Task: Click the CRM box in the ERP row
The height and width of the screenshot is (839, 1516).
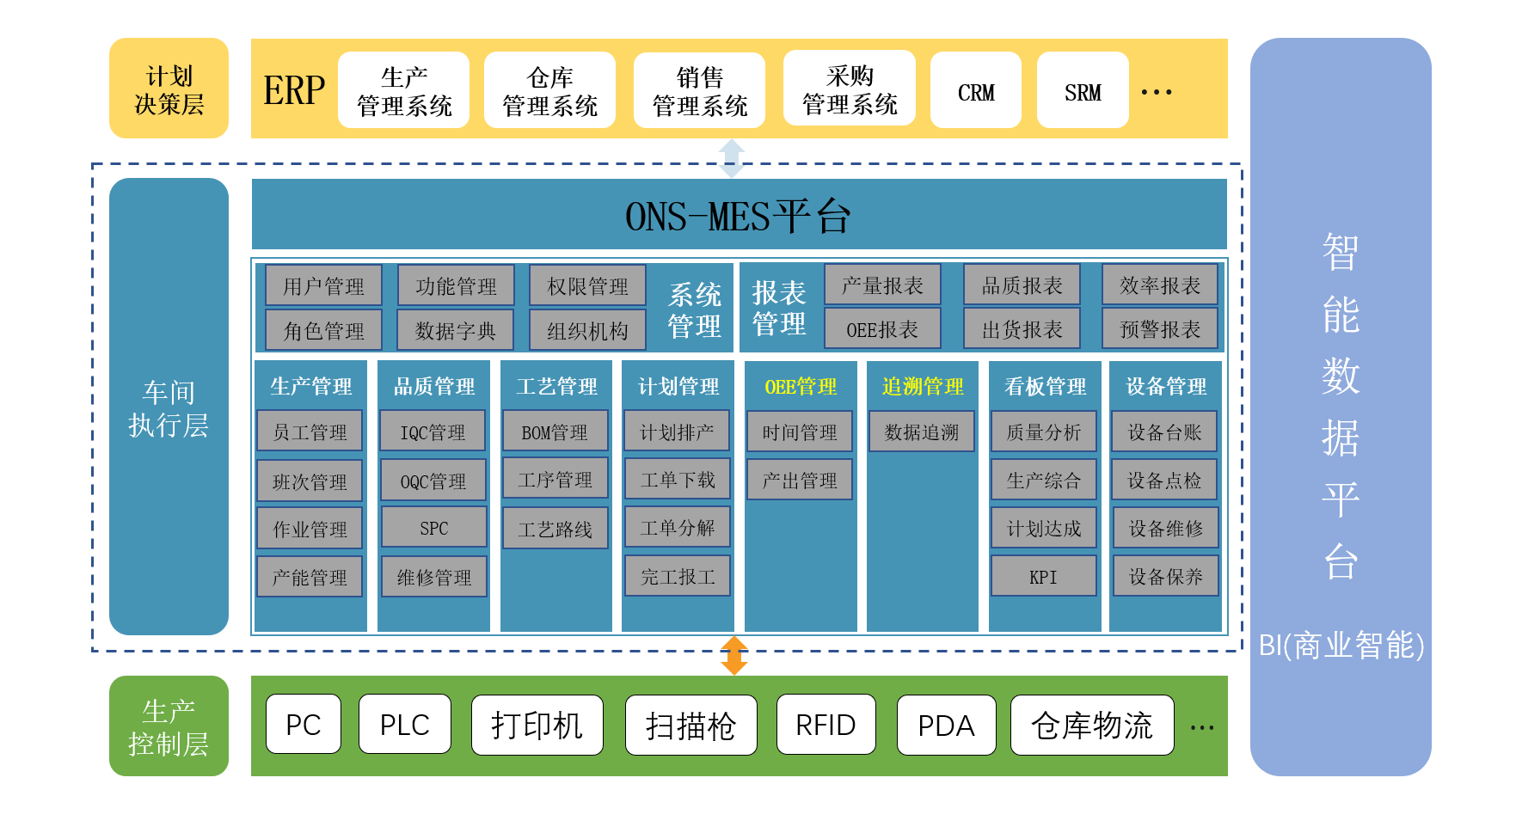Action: pos(975,90)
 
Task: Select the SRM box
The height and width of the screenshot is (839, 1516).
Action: pos(1082,90)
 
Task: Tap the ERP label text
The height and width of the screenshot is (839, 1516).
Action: pos(294,90)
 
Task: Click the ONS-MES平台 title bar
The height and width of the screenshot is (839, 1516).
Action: pos(738,215)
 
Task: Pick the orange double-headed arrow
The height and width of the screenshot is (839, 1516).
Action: pos(733,655)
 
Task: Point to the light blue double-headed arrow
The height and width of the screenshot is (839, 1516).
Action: pos(732,158)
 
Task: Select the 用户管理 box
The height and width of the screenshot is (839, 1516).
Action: pos(323,286)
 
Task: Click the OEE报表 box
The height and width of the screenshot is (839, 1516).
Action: pos(881,329)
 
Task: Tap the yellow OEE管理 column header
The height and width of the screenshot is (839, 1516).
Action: pos(801,387)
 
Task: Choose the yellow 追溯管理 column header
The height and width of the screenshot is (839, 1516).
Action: pos(923,387)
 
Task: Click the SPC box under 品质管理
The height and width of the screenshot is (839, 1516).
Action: pos(433,528)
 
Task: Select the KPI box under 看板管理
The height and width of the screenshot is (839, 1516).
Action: pos(1043,577)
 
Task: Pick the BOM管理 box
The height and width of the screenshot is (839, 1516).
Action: pos(555,432)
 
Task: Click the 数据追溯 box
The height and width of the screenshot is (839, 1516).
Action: pos(921,432)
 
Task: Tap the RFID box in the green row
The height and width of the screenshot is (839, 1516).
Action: pos(826,725)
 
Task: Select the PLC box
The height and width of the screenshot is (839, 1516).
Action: pos(404,725)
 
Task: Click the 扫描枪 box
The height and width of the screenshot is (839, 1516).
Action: pos(690,726)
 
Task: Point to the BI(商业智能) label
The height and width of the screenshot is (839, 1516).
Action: pos(1341,645)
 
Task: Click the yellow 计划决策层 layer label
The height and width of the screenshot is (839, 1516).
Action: pos(169,89)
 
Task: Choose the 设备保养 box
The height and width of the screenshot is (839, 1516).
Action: pos(1165,577)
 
